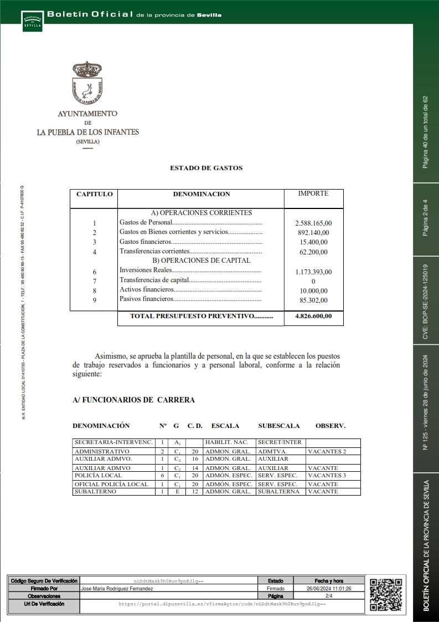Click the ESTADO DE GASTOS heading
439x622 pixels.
(206, 168)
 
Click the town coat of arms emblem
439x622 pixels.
(87, 84)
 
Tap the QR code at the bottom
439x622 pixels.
(385, 594)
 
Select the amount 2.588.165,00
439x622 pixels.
(313, 223)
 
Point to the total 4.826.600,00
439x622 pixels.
(313, 317)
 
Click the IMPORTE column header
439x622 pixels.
(313, 194)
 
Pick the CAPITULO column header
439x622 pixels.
(94, 195)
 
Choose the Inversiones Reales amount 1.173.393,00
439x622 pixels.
(313, 272)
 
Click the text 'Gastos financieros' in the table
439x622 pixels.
(146, 242)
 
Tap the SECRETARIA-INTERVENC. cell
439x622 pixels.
(113, 442)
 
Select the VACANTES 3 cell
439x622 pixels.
(327, 476)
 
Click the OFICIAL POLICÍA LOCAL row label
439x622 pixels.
(111, 484)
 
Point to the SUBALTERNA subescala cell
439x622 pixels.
(278, 492)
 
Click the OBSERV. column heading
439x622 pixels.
(330, 426)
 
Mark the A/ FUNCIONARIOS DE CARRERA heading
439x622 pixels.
(133, 400)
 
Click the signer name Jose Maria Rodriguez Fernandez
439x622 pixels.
(117, 588)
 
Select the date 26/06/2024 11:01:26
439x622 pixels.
(329, 588)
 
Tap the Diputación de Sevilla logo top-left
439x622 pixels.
(32, 20)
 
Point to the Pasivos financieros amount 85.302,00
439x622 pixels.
(313, 300)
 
